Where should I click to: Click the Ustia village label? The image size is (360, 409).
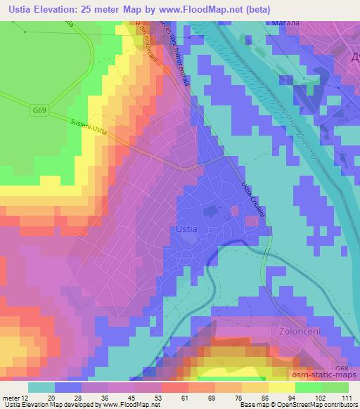(x=184, y=229)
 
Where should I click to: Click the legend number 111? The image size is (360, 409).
(x=345, y=398)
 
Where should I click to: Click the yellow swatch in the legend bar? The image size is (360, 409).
(x=281, y=387)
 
